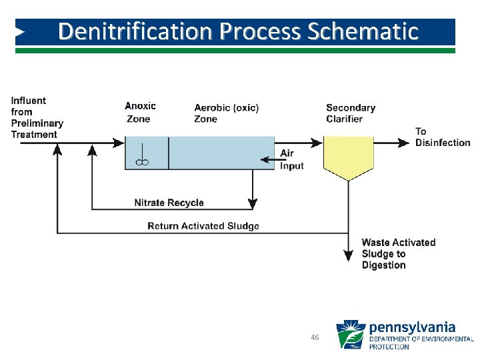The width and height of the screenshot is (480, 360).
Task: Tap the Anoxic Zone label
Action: tap(140, 112)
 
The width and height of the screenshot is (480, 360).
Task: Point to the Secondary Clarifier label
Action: tap(351, 113)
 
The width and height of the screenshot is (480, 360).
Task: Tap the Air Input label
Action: tap(290, 159)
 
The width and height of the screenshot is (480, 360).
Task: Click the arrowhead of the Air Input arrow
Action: tap(263, 159)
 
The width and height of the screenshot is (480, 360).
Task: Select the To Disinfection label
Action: tap(442, 137)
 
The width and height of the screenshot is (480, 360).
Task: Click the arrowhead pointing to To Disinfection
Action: tap(403, 142)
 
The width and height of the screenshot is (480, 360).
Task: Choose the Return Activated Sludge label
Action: tap(203, 226)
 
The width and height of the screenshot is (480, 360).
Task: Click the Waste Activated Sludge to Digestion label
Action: tap(398, 254)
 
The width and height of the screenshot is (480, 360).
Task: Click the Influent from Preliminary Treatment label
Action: tap(37, 117)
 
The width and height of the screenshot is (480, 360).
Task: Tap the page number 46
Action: tap(315, 338)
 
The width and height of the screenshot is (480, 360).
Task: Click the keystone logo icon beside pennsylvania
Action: tap(350, 335)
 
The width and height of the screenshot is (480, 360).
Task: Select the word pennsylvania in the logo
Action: tap(412, 327)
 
